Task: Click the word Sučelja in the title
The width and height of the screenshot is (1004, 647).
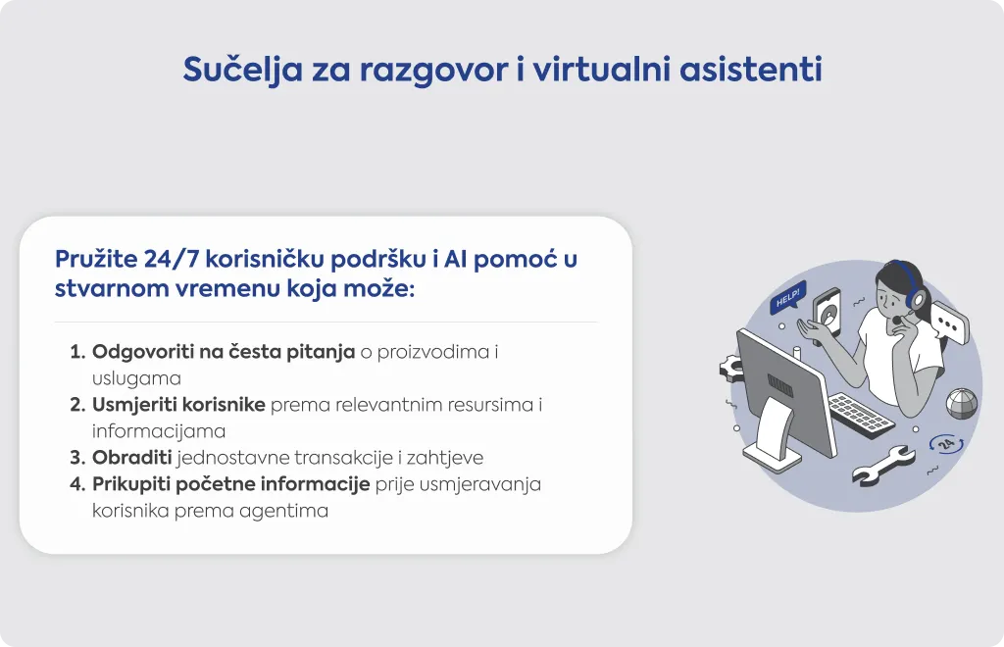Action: click(x=243, y=70)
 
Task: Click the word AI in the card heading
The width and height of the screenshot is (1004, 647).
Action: click(x=455, y=259)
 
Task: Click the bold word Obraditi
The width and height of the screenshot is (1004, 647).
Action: click(x=132, y=458)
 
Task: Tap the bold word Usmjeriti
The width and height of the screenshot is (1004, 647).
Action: click(x=132, y=405)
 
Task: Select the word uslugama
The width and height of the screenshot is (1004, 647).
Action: click(x=136, y=378)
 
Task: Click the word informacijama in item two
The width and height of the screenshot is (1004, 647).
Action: click(x=159, y=431)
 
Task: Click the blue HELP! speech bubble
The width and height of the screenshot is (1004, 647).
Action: click(x=787, y=298)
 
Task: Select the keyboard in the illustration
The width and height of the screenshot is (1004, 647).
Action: click(x=861, y=416)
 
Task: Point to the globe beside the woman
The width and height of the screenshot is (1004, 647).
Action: click(x=963, y=404)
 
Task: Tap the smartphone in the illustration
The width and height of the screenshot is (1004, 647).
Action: click(x=827, y=315)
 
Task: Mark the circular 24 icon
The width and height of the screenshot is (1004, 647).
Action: click(x=946, y=443)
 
